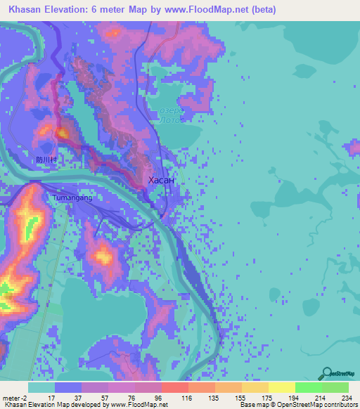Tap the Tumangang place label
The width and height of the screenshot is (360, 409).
click(72, 198)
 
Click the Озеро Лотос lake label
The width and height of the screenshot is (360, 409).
click(171, 115)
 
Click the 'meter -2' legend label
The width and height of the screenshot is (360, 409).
click(15, 397)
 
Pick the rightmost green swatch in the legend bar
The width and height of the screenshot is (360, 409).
click(335, 387)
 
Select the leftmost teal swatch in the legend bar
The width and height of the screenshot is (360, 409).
click(41, 387)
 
